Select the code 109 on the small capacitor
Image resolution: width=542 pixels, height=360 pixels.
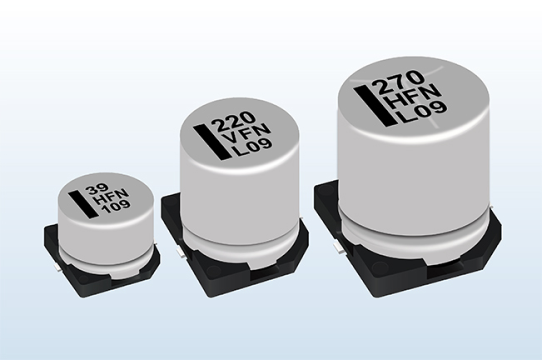117,207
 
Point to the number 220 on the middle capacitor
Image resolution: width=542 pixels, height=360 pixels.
233,123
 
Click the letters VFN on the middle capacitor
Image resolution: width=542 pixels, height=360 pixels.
246,135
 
